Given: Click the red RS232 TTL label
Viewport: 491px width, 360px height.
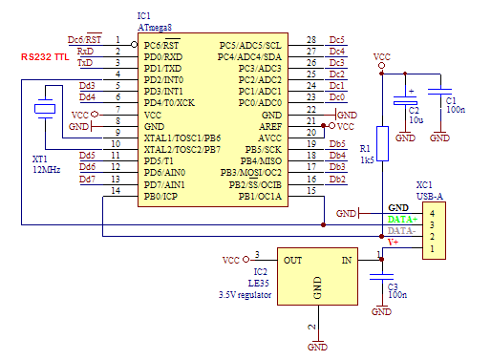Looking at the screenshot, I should [47, 58].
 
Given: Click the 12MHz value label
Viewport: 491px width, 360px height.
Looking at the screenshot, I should [47, 169].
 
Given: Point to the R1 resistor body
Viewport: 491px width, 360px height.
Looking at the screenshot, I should [382, 143].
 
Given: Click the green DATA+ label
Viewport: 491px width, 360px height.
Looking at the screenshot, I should [401, 220].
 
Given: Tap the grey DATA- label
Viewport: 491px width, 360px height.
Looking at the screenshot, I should [401, 231].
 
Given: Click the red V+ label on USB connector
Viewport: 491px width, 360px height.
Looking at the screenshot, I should [392, 243].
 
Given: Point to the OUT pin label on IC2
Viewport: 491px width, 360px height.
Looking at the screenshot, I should [293, 260].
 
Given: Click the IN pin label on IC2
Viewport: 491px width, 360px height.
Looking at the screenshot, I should [346, 260].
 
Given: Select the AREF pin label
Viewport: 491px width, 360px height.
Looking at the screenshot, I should [270, 126].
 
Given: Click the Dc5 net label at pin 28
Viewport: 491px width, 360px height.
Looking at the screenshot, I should [336, 39].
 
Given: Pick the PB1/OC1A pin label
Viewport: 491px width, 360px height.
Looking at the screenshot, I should [263, 196].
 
